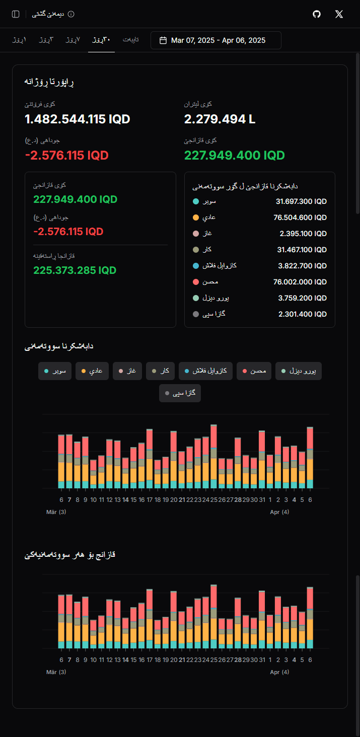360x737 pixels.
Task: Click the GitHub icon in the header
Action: pyautogui.click(x=317, y=14)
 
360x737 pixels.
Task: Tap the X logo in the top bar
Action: pyautogui.click(x=339, y=14)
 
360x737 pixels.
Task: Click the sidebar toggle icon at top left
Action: pyautogui.click(x=16, y=14)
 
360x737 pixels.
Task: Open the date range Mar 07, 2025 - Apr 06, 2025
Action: pyautogui.click(x=215, y=40)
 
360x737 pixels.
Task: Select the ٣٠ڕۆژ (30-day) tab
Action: pyautogui.click(x=101, y=40)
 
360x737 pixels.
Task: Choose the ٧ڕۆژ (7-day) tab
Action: pyautogui.click(x=73, y=40)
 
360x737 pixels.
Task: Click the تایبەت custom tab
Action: pyautogui.click(x=131, y=40)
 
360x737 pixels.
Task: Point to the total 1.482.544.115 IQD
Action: pyautogui.click(x=78, y=119)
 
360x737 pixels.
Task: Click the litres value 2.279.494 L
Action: pyautogui.click(x=220, y=119)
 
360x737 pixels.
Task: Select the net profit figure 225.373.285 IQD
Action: pyautogui.click(x=75, y=270)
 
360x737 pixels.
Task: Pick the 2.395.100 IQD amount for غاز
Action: pyautogui.click(x=303, y=234)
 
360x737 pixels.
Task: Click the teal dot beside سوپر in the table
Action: pyautogui.click(x=196, y=201)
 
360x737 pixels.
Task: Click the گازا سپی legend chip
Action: pyautogui.click(x=180, y=393)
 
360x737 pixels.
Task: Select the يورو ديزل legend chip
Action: pyautogui.click(x=299, y=371)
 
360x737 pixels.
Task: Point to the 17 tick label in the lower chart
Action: pyautogui.click(x=150, y=660)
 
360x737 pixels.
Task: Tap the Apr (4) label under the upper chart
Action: pyautogui.click(x=279, y=512)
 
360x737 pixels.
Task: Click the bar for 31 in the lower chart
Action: pyautogui.click(x=262, y=619)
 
